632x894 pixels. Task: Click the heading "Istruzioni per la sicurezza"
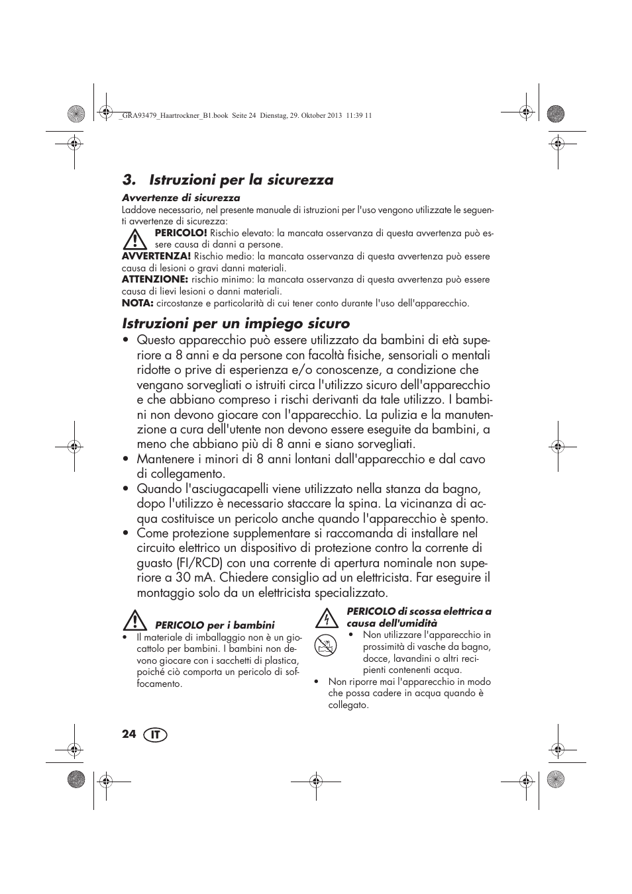coord(227,180)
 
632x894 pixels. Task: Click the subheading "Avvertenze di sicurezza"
coord(181,198)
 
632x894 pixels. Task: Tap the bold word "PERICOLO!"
coord(181,233)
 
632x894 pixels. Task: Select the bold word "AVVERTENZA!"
coord(156,256)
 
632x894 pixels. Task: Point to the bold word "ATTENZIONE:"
coord(154,279)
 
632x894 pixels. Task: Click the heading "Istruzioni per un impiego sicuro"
coord(236,324)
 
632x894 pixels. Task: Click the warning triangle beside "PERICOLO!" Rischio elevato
coord(136,238)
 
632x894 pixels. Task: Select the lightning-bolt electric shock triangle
coord(325,618)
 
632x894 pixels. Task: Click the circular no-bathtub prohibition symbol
coord(326,645)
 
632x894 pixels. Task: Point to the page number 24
coord(129,735)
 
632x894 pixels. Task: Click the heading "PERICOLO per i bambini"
coord(215,625)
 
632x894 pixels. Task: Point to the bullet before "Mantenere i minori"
coord(125,459)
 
